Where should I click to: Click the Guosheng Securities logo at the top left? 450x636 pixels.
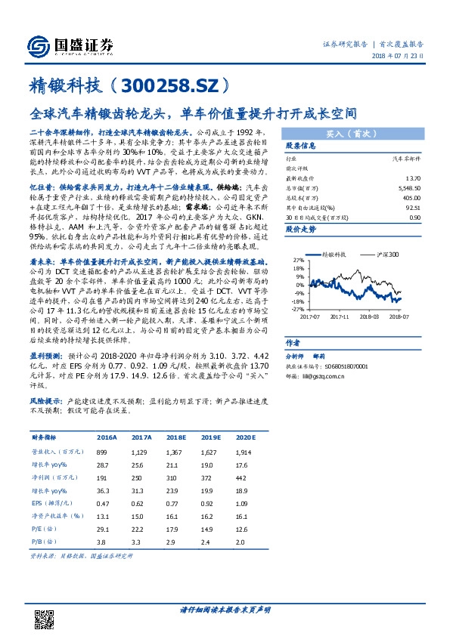click(x=70, y=45)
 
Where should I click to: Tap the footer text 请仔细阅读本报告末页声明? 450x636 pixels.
click(x=225, y=609)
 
